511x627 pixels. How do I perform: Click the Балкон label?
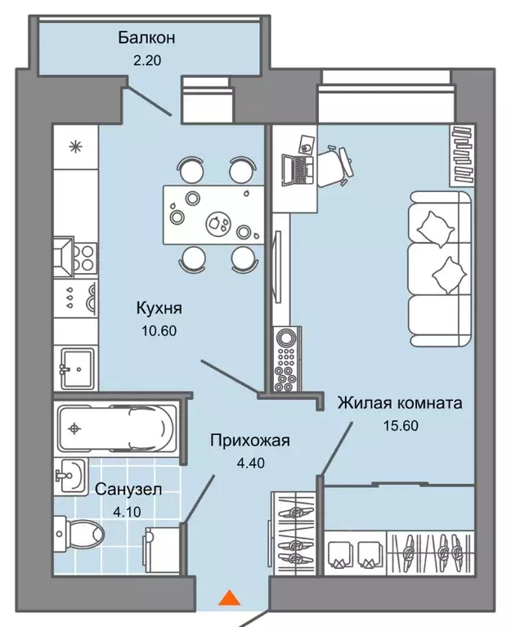click(x=147, y=38)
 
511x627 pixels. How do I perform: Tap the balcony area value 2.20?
click(x=147, y=60)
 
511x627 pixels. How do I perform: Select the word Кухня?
click(x=159, y=309)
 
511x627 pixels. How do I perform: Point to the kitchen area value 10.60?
click(x=159, y=331)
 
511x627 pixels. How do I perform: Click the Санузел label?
click(x=128, y=490)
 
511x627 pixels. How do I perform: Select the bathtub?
click(x=114, y=427)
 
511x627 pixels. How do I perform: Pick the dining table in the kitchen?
click(x=214, y=214)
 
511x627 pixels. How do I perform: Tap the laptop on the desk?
click(x=296, y=170)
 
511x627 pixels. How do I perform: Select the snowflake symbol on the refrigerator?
click(x=75, y=147)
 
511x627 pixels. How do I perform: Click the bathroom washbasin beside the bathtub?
click(x=72, y=473)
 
